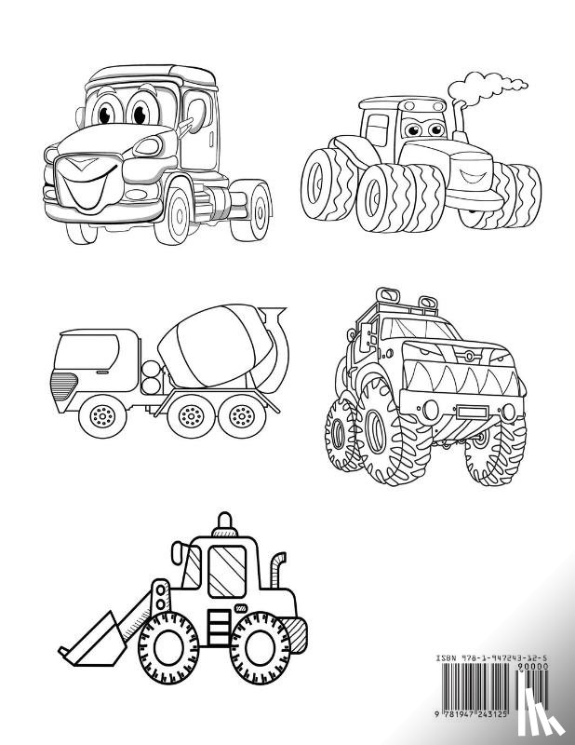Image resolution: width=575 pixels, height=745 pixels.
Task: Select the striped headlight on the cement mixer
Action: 63,382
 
